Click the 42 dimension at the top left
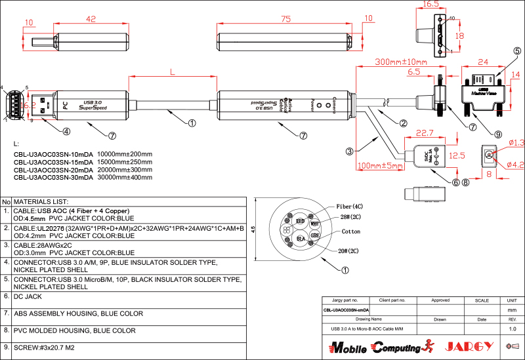(91, 19)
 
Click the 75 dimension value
(285, 19)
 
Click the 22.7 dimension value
(427, 133)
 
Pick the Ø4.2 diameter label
(515, 165)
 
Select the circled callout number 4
(66, 130)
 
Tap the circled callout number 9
(498, 134)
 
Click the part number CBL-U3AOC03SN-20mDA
(53, 170)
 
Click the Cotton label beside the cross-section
(350, 231)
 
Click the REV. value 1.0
(513, 328)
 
